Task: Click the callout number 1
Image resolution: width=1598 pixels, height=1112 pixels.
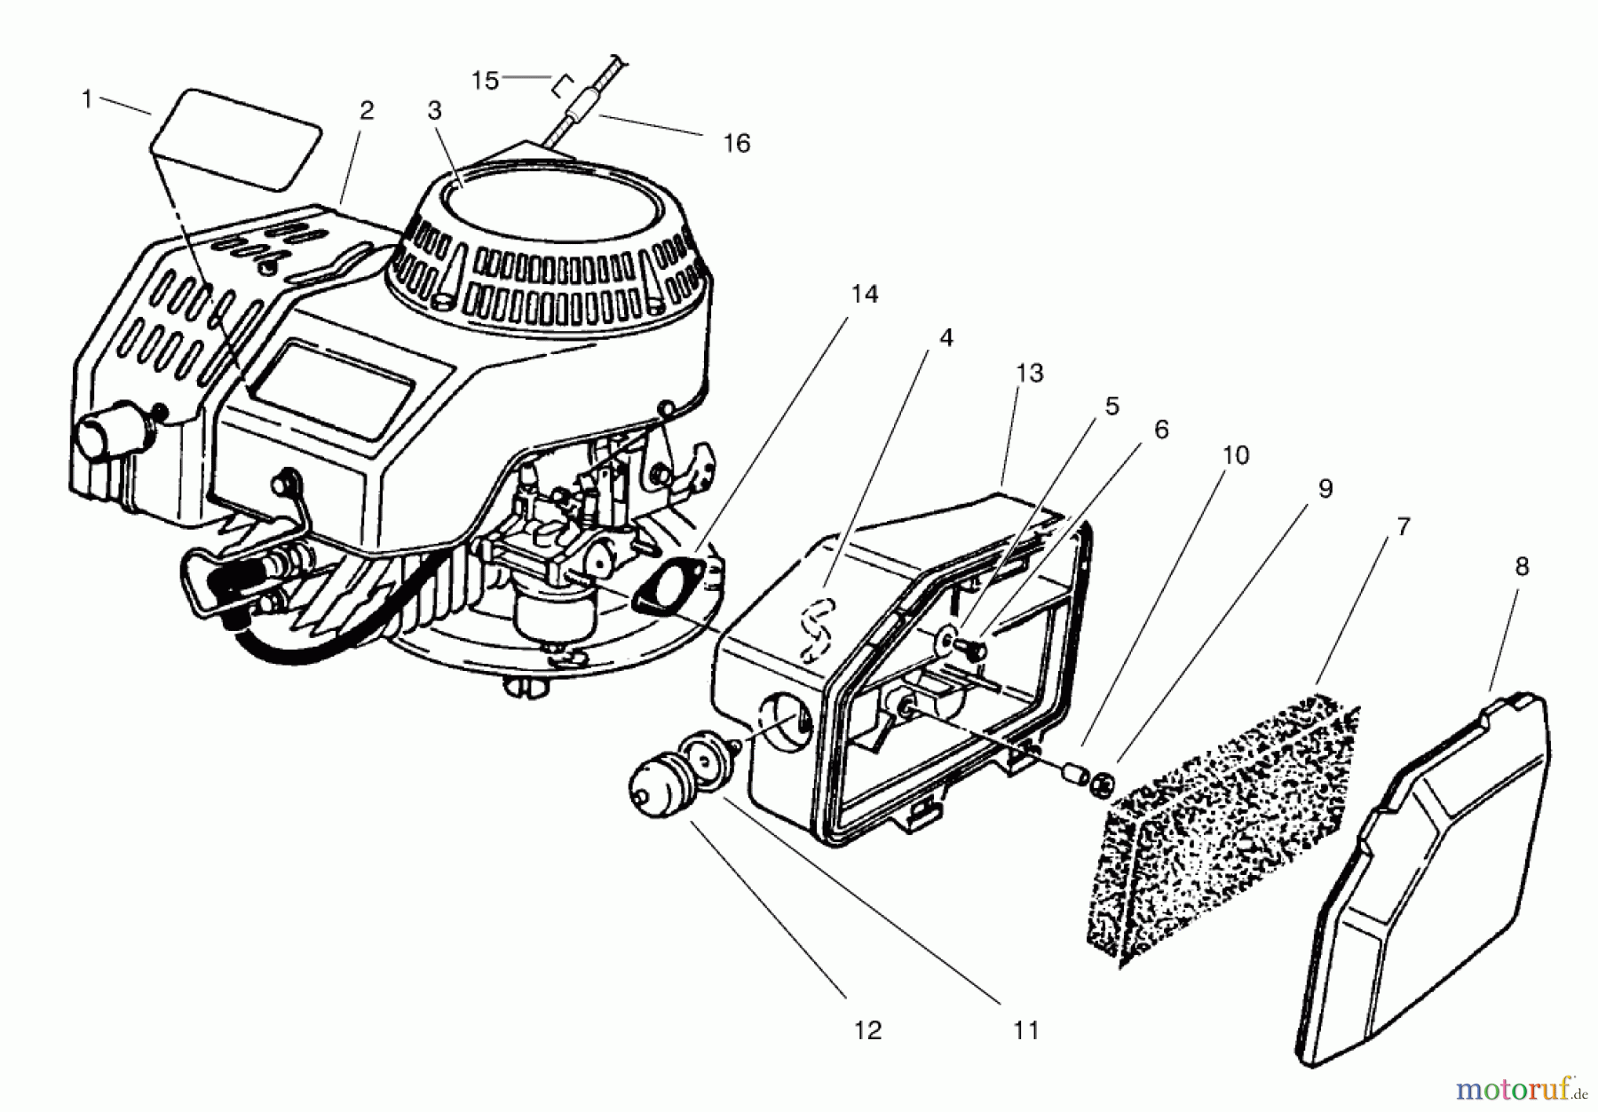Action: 87,99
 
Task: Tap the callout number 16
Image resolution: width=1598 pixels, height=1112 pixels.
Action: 736,143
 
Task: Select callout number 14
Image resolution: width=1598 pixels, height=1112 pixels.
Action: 864,294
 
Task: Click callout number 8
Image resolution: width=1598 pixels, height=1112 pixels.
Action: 1522,566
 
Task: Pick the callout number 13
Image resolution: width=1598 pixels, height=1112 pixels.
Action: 1029,374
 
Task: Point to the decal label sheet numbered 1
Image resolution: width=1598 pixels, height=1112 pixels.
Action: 236,138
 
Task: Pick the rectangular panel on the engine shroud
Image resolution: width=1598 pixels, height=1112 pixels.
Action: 333,390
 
